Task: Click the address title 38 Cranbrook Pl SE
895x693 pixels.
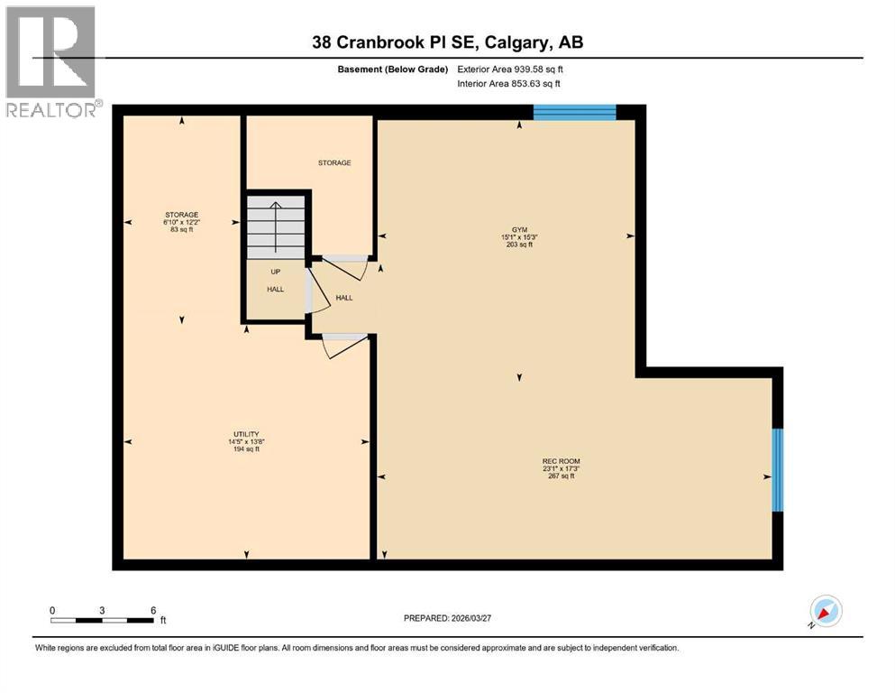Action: (447, 42)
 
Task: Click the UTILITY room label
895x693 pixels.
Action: (246, 434)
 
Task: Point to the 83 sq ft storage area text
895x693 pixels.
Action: (181, 230)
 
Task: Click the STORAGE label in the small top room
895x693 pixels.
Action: (333, 163)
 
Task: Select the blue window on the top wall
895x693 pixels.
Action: (574, 112)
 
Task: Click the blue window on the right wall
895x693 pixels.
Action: (778, 469)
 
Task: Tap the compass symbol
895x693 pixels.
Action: (826, 612)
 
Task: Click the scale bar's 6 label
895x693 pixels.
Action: (153, 610)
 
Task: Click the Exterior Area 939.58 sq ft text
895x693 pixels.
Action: (510, 69)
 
